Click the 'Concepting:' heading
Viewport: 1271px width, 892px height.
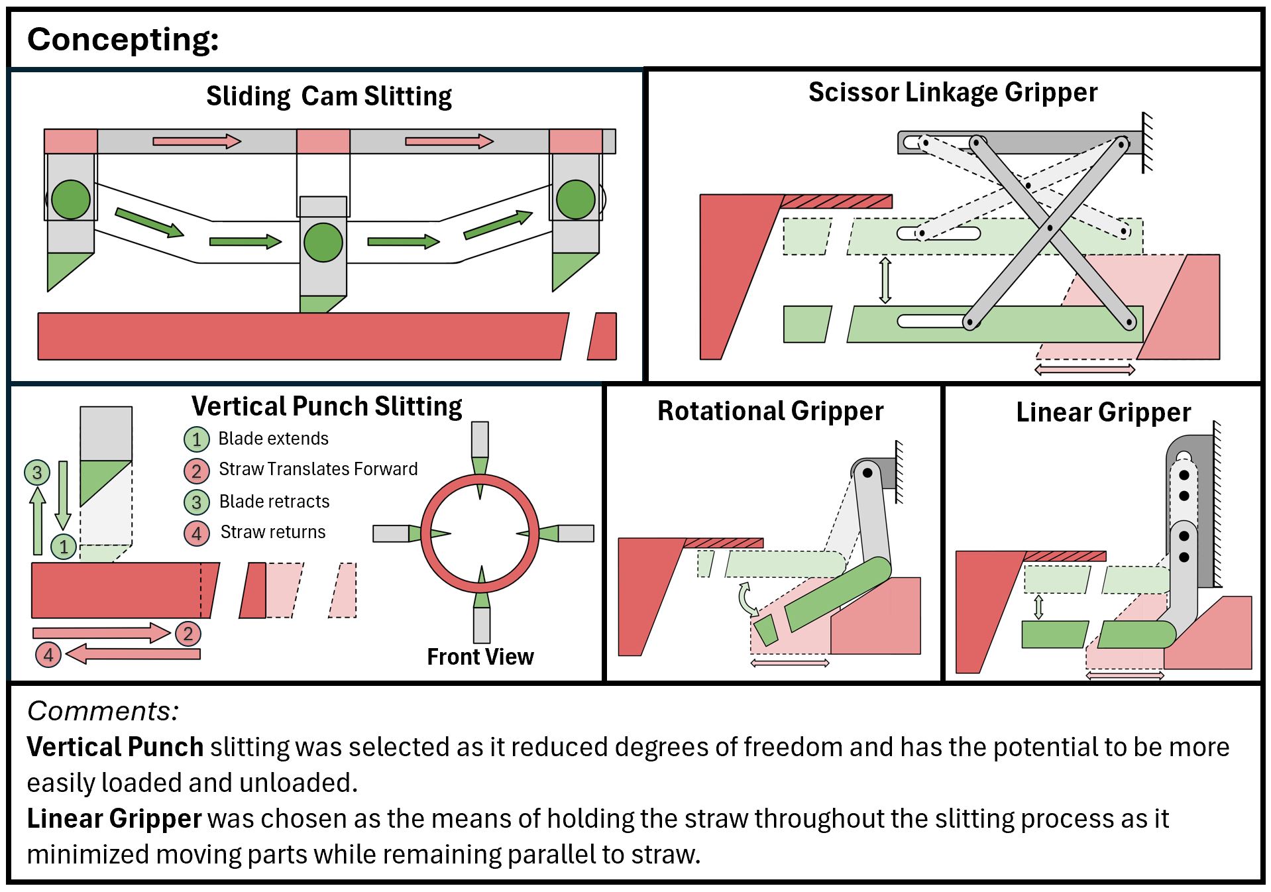(123, 40)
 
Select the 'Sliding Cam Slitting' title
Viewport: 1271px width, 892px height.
(329, 97)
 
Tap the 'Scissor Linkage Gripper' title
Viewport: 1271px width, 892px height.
(952, 93)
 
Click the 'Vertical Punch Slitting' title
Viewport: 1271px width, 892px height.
(327, 406)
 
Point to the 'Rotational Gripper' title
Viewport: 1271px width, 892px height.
(770, 412)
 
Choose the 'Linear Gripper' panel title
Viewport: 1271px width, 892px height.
(1103, 413)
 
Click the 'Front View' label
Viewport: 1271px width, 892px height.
(480, 657)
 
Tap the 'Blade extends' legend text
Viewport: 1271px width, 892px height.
(273, 439)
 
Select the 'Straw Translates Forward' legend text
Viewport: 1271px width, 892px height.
(318, 469)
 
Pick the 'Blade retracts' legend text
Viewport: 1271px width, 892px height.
(274, 502)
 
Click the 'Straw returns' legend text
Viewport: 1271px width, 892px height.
(273, 532)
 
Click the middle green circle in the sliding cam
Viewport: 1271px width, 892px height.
(323, 242)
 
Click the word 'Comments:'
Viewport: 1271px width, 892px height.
(103, 711)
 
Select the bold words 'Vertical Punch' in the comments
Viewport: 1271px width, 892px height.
(115, 748)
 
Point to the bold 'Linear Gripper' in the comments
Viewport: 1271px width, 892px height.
(114, 819)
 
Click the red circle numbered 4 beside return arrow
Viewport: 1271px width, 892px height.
(48, 655)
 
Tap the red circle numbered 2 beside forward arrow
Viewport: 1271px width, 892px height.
(188, 634)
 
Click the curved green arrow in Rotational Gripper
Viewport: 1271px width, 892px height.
(746, 598)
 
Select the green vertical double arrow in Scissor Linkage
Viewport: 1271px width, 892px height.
(885, 280)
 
